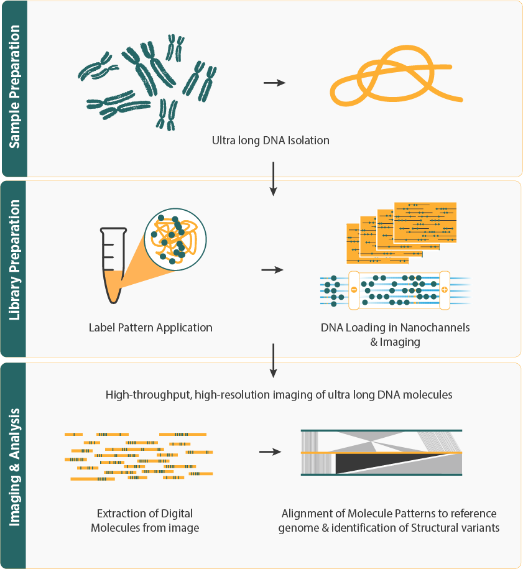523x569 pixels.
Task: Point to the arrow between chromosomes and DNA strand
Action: (x=274, y=83)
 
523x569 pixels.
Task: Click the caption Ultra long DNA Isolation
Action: (x=271, y=141)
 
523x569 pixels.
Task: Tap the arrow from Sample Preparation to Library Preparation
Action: (x=273, y=178)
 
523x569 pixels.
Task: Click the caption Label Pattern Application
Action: (x=150, y=327)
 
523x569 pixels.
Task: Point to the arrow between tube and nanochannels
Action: (x=272, y=270)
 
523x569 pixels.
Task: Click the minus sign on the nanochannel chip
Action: (x=354, y=289)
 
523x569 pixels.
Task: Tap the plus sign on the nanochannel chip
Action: (x=444, y=289)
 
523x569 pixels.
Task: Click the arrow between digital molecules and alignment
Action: (x=269, y=451)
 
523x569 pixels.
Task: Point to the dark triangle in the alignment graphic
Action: (x=367, y=464)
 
